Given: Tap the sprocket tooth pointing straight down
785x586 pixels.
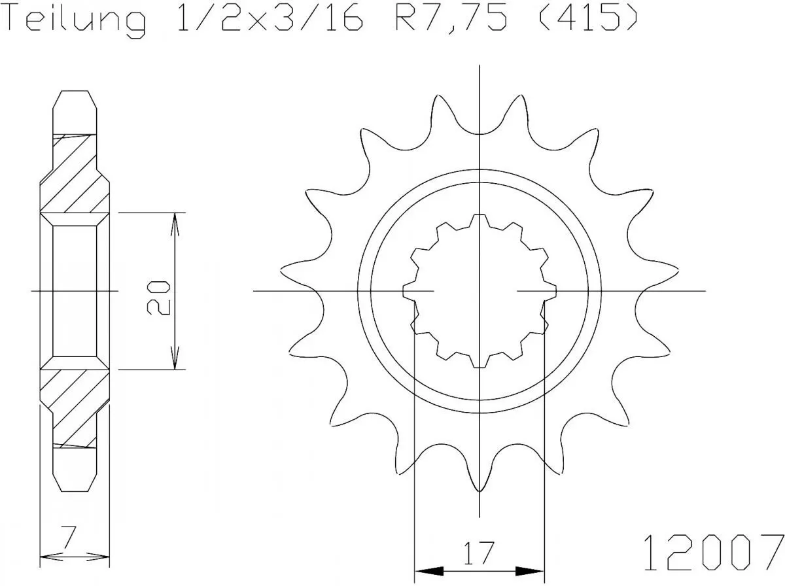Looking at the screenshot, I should (x=480, y=481).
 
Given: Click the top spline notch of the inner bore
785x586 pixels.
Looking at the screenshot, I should (x=480, y=218).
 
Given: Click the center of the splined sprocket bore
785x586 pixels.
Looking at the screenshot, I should (x=480, y=290).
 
